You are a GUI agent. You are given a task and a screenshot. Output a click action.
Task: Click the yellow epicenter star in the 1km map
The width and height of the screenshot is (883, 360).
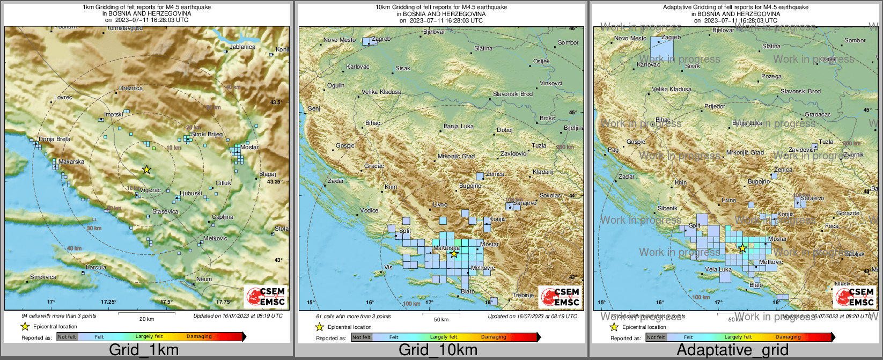point(146,170)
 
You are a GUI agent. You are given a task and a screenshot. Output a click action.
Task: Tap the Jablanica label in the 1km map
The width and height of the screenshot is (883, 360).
point(242,47)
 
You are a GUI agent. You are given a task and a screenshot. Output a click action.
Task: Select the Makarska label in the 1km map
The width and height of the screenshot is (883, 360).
point(71,161)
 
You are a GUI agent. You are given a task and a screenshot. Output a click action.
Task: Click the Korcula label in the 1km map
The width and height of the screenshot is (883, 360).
point(96,267)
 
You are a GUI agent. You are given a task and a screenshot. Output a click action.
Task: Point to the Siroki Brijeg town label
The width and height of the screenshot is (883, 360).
point(207,134)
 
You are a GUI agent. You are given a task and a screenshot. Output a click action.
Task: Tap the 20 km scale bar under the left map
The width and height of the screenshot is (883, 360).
point(146,313)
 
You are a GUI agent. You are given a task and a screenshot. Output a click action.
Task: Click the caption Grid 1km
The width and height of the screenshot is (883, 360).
point(144,350)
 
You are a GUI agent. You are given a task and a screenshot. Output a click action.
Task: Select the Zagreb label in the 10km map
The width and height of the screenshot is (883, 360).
point(381,39)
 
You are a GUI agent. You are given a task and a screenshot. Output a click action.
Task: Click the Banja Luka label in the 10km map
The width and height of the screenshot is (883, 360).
point(458,126)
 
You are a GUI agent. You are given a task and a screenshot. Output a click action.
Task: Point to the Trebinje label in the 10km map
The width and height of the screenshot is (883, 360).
point(523,295)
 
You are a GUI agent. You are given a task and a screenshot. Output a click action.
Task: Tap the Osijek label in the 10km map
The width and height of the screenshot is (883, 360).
point(541,61)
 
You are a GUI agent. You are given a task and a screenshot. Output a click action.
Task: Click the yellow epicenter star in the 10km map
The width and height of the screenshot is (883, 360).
point(454,254)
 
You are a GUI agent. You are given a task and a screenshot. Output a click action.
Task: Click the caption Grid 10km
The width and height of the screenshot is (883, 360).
point(438,350)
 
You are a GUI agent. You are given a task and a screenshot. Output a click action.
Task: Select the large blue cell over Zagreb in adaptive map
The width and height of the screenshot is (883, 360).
point(661,48)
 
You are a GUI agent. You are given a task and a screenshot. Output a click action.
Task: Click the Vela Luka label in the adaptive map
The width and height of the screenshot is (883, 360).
point(718,270)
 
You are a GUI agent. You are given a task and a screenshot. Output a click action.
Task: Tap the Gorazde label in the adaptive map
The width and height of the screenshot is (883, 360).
point(848,213)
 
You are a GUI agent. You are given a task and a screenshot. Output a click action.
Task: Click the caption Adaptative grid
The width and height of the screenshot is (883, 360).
point(732,350)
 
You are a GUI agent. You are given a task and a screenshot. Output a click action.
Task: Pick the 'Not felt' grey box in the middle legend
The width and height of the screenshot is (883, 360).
point(362,337)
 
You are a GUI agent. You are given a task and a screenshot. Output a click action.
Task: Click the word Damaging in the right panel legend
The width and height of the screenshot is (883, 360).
point(788,337)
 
